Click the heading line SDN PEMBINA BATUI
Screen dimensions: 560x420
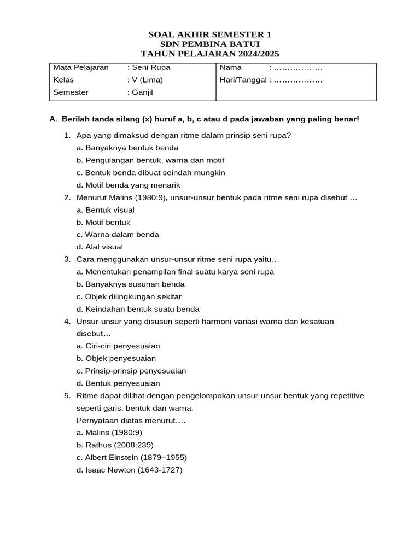click(x=209, y=44)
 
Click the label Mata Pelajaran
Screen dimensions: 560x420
click(x=81, y=68)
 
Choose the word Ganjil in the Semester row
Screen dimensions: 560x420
click(x=142, y=92)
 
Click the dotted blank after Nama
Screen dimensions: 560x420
click(x=298, y=68)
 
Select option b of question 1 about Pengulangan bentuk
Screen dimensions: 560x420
click(x=150, y=160)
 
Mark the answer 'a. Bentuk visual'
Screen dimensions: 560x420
click(x=106, y=210)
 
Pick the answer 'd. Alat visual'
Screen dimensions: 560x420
click(x=100, y=247)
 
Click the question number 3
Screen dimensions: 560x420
click(x=67, y=259)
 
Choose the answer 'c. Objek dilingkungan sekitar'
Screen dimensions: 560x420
click(x=129, y=296)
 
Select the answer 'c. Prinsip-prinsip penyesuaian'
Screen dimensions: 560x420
click(x=131, y=371)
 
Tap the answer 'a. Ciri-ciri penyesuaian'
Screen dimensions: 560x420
click(x=118, y=346)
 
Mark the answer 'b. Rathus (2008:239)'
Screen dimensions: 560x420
click(x=115, y=445)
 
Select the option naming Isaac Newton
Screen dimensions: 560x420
click(x=129, y=470)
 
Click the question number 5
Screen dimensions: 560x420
click(x=67, y=395)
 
